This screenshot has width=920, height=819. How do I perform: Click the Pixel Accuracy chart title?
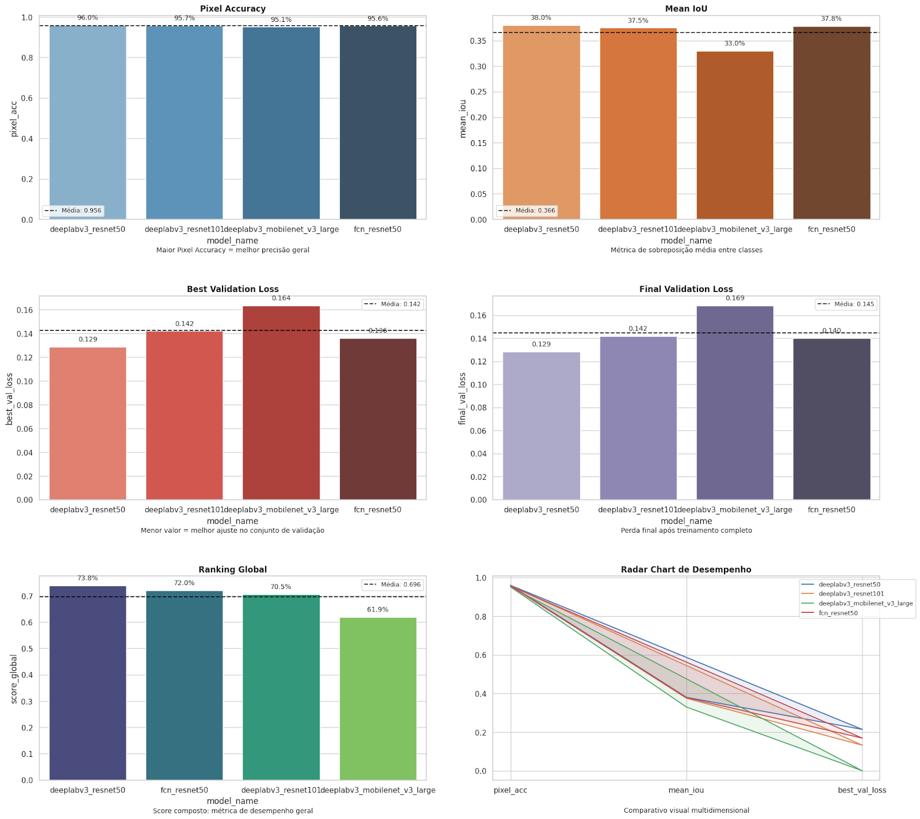pos(232,9)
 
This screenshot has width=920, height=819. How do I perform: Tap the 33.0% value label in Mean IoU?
pos(734,44)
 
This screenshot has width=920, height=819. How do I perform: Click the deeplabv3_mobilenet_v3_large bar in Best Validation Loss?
pos(281,402)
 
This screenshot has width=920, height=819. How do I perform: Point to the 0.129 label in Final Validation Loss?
pos(541,344)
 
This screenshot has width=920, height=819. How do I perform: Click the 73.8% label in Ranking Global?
pos(87,578)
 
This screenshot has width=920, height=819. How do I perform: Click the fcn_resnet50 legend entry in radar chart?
pos(838,613)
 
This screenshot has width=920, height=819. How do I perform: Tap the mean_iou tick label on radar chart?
pos(686,790)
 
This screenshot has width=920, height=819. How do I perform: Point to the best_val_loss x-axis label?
pos(861,790)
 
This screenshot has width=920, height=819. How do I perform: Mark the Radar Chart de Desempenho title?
pos(686,570)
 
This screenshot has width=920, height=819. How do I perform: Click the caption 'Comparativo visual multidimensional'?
pos(686,810)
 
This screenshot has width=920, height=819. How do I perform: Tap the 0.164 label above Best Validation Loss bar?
pos(281,298)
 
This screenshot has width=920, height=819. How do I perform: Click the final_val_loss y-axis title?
pos(462,398)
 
